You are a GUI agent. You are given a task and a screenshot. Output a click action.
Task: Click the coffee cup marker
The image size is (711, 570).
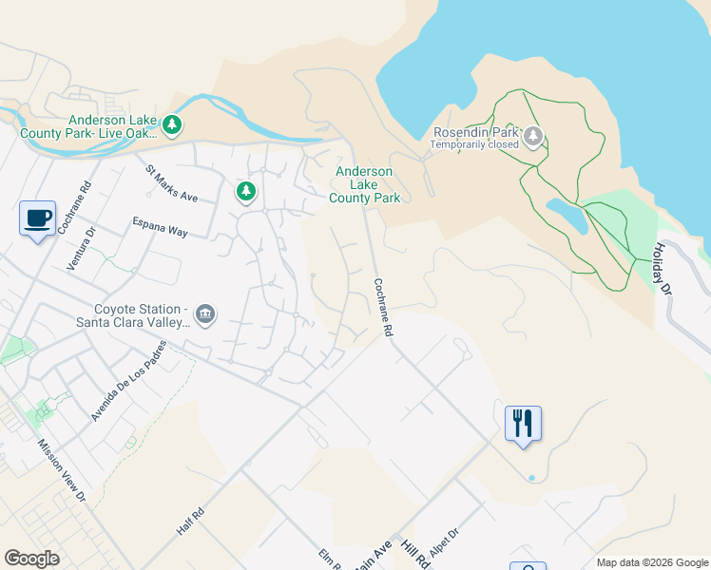coord(37,218)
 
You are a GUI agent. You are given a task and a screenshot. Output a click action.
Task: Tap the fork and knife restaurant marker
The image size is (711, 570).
coord(523,422)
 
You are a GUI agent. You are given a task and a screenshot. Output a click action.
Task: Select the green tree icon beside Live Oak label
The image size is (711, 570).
coord(172,124)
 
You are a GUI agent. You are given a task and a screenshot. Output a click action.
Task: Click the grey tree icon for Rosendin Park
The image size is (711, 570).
coord(533,137)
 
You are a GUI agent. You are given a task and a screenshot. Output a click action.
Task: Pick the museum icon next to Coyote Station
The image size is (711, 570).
coord(205,314)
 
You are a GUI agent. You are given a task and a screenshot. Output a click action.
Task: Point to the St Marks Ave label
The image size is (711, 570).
coord(171,184)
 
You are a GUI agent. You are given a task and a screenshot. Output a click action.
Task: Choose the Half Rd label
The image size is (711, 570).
coord(191,520)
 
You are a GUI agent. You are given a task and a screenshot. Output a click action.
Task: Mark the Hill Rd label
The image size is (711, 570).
coord(415,555)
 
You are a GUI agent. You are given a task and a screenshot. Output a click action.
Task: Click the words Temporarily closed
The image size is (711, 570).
coord(473,144)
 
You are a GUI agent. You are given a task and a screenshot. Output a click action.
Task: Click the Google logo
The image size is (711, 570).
coord(32,559)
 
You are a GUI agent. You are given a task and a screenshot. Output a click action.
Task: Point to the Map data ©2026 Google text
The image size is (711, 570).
coord(651,562)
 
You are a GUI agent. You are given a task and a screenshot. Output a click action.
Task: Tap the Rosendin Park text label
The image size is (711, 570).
coord(475,132)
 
